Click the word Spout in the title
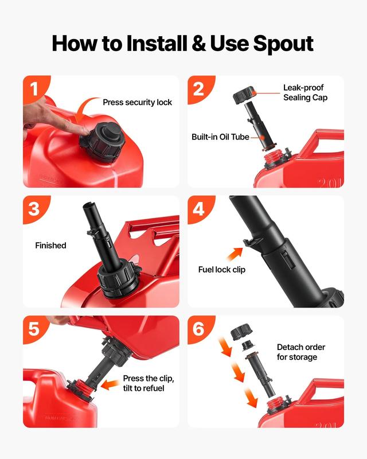283,44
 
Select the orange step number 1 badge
36,89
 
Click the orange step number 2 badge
201,89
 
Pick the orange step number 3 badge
36,209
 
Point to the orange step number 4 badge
201,209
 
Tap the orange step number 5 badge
36,329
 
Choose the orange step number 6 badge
201,329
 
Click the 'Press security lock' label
137,103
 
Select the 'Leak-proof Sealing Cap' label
305,92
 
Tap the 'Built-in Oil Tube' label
220,137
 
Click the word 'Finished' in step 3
50,246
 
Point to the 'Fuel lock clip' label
222,270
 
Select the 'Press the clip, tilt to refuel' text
149,383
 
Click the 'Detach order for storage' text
301,352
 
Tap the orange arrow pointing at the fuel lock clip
235,254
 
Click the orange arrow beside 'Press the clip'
110,384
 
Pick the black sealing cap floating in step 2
244,95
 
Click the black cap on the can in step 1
103,142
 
